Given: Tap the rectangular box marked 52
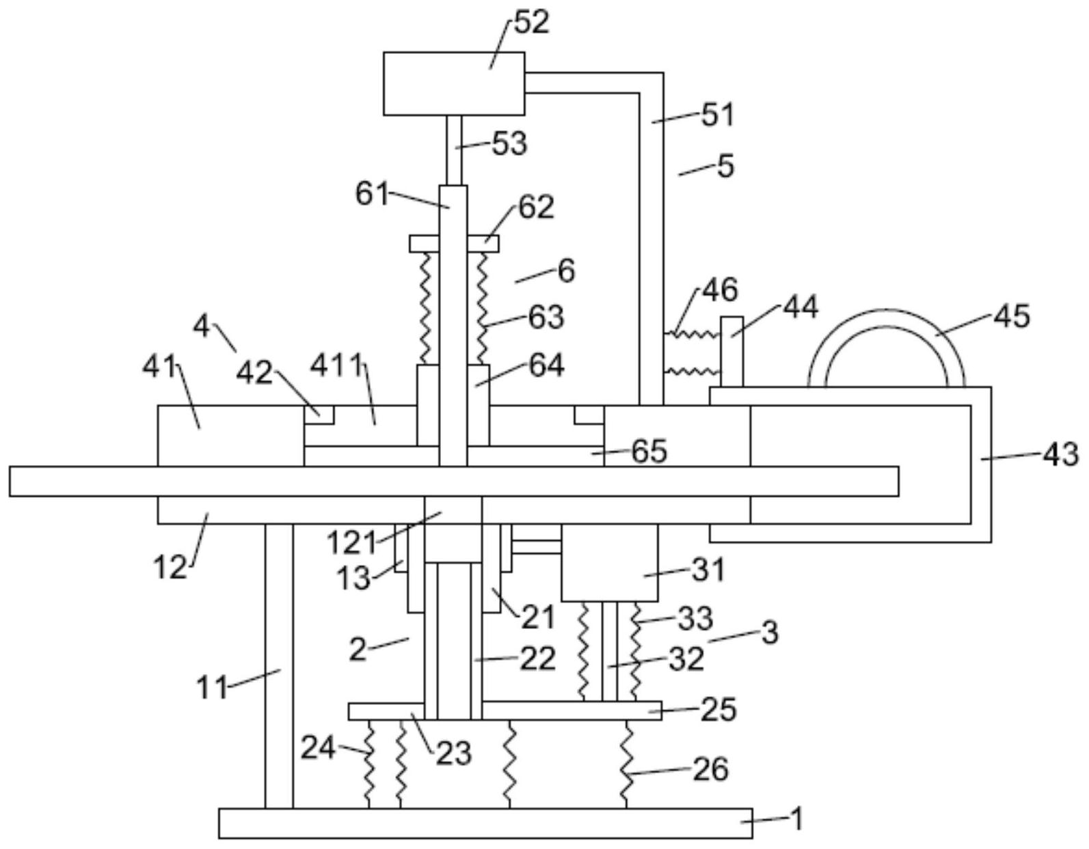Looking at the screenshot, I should click(x=454, y=83).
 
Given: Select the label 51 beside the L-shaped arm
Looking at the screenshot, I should click(x=717, y=114).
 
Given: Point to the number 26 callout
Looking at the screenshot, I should click(x=710, y=769).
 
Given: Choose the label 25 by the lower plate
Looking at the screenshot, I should click(x=718, y=710).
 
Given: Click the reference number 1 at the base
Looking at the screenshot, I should click(x=795, y=818).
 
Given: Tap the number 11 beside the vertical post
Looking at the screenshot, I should click(x=213, y=686).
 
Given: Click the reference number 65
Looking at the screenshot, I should click(x=649, y=451).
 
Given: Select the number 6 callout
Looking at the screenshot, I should click(x=566, y=271).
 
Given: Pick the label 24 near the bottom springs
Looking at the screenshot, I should click(x=319, y=749).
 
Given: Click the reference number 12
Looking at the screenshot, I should click(x=170, y=566).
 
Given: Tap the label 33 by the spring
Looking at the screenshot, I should click(x=695, y=619).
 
